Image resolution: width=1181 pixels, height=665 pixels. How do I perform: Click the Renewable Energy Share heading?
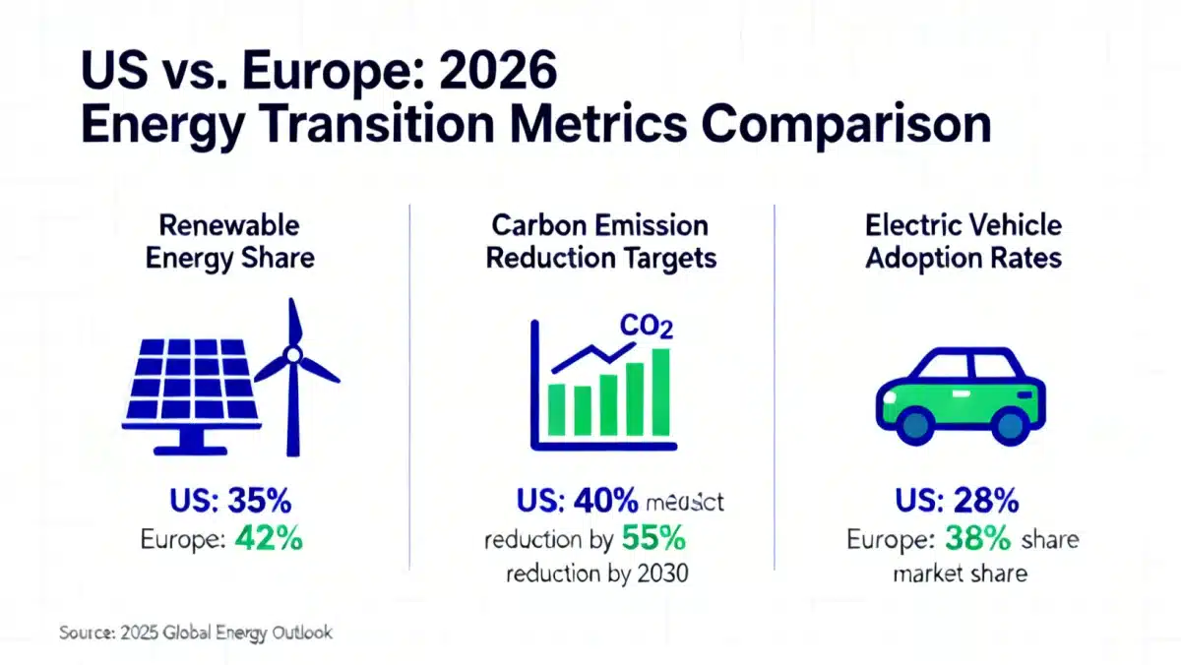229,242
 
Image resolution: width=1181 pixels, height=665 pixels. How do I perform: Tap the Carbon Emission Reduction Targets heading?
600,242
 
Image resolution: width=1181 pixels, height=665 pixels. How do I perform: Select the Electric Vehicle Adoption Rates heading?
963,242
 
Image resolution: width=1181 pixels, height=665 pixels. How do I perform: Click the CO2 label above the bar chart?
645,326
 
